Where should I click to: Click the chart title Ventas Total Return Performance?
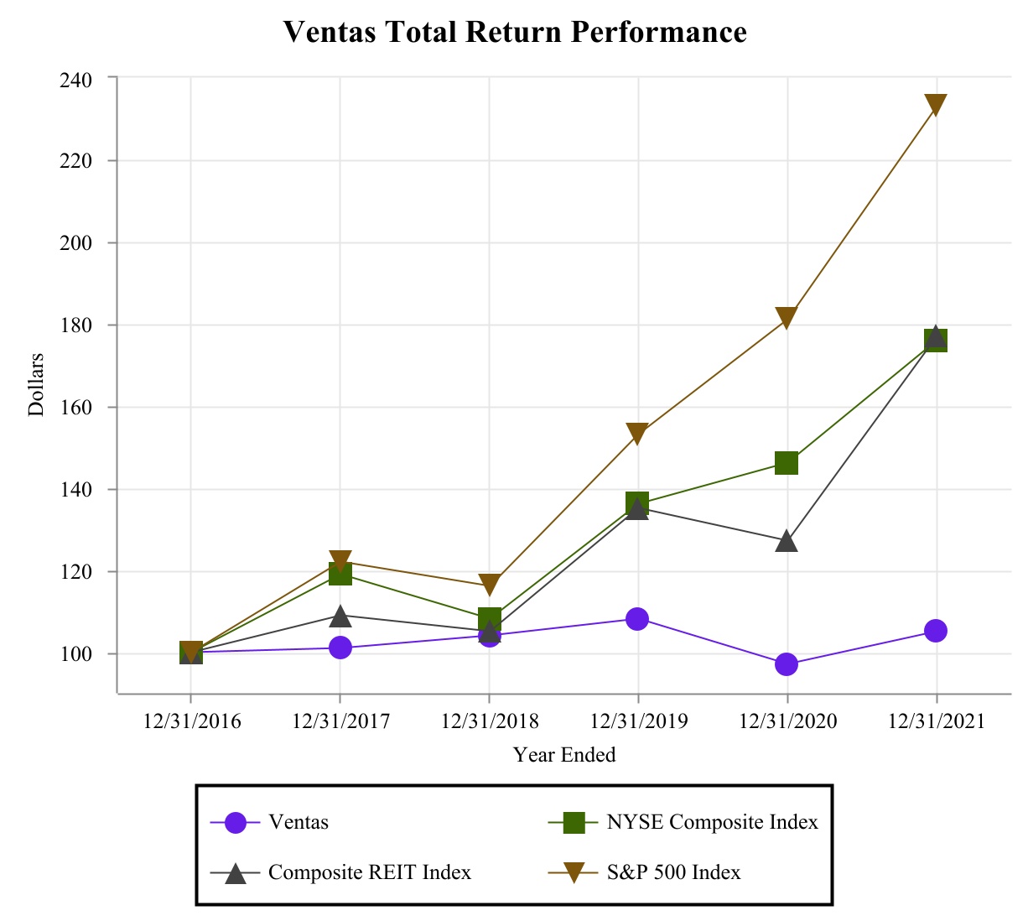514,33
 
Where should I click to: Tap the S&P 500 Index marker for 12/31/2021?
936,105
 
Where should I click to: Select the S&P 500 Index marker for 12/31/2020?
787,318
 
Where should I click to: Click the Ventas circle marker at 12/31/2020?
787,664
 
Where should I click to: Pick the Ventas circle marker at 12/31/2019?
637,619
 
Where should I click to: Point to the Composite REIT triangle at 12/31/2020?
787,541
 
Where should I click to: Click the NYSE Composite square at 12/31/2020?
787,463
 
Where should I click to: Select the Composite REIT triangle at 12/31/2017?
340,617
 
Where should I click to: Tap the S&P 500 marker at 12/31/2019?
637,434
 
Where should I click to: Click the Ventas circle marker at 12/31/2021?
936,631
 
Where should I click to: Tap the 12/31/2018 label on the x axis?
489,721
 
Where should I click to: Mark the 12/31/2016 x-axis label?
191,721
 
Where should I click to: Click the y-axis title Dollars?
36,385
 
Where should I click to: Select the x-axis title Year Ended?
564,755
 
